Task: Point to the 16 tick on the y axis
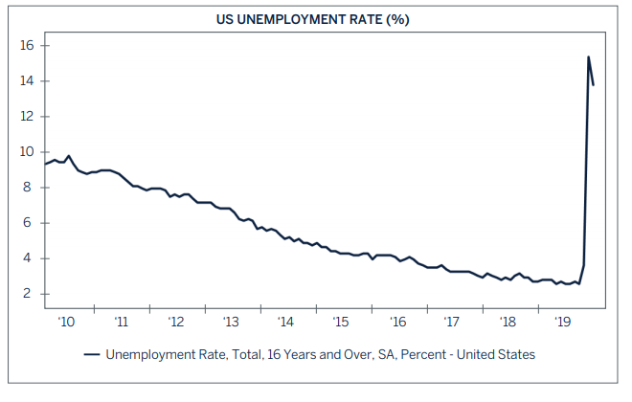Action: pyautogui.click(x=27, y=46)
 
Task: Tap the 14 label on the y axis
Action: pyautogui.click(x=27, y=81)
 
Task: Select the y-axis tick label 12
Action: pyautogui.click(x=27, y=117)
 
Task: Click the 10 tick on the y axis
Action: pyautogui.click(x=27, y=152)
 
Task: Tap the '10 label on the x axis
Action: pyautogui.click(x=65, y=323)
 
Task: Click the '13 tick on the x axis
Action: pyautogui.click(x=231, y=323)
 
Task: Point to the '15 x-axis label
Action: pyautogui.click(x=341, y=323)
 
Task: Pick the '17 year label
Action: pyautogui.click(x=451, y=323)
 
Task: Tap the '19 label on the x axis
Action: pyautogui.click(x=561, y=323)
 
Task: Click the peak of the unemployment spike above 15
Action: pyautogui.click(x=588, y=56)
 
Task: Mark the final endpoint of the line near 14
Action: pyautogui.click(x=594, y=85)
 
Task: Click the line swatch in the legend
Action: pyautogui.click(x=93, y=354)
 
